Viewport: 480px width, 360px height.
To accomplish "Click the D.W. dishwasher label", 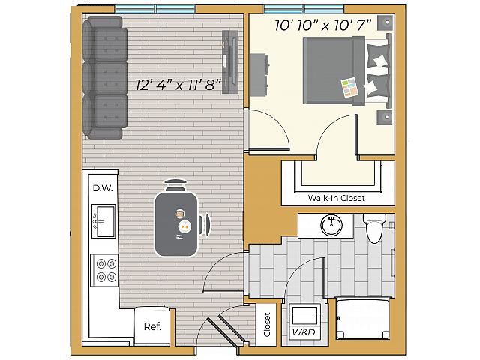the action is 103,188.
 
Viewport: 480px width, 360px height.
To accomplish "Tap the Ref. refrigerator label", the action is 152,326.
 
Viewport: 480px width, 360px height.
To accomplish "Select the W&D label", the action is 304,332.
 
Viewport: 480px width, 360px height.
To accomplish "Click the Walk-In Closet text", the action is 337,198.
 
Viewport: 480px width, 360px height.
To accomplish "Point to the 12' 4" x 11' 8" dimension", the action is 178,85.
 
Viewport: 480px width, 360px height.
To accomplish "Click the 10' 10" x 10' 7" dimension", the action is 323,25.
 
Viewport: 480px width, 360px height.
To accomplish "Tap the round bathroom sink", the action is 331,225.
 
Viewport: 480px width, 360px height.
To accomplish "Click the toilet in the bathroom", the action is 374,227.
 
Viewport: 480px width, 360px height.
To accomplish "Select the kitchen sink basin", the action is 103,221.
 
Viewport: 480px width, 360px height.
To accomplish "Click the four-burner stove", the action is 104,271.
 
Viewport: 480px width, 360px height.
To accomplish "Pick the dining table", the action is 176,224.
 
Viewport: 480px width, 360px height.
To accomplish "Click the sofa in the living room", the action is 105,78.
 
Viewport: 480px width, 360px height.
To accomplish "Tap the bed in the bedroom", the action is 347,70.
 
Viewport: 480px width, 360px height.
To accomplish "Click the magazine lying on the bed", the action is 350,88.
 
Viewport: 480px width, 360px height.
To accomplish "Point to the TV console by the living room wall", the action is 230,61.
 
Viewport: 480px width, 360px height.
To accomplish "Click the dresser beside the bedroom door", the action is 259,75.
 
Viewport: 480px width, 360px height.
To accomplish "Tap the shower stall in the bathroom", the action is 363,318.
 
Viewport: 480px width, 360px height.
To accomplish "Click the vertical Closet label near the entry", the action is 267,325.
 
